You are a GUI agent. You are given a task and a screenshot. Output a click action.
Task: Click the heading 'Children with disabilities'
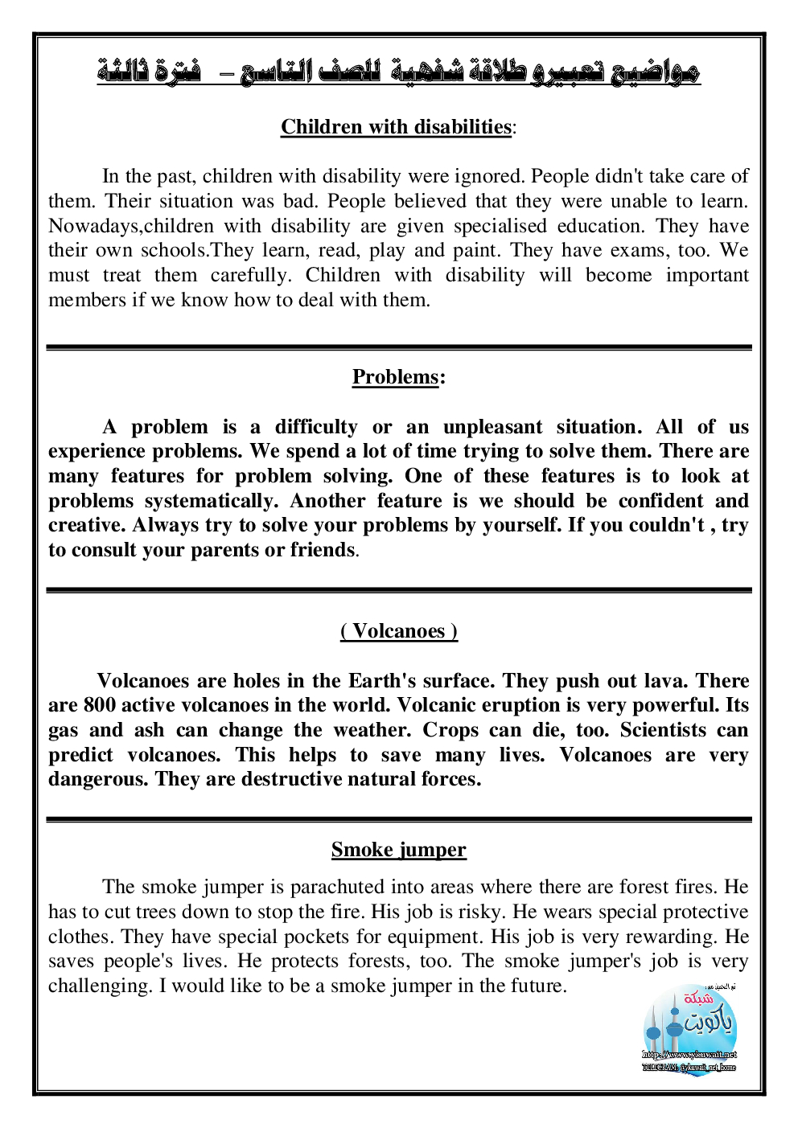coord(396,127)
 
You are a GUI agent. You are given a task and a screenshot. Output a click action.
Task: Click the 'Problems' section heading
coord(396,377)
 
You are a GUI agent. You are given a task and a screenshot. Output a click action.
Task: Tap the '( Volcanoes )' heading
coord(399,631)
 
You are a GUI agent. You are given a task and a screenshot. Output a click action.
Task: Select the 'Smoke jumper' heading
coord(399,850)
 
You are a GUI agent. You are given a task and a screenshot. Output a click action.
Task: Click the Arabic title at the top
coord(399,72)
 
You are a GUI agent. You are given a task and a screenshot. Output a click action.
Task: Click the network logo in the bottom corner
coord(689,1032)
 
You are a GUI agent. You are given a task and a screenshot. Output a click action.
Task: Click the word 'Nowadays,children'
coord(131,226)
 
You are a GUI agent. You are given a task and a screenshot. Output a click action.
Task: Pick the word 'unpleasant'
coord(492,427)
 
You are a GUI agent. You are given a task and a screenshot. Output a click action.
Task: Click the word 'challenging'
coord(99,986)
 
